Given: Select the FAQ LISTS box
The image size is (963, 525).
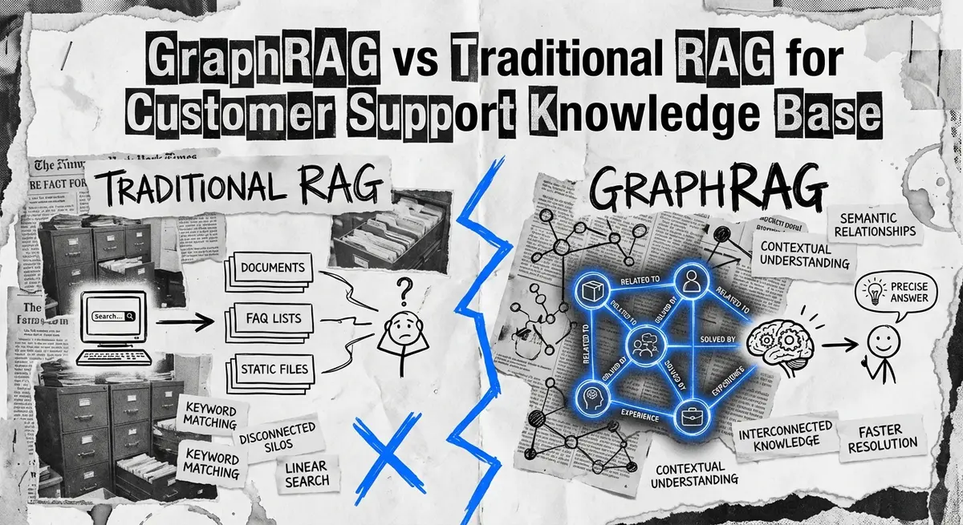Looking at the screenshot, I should tap(271, 318).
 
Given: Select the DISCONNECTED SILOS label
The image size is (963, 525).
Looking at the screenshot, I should tap(278, 437).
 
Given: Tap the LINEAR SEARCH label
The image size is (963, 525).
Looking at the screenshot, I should tap(306, 474).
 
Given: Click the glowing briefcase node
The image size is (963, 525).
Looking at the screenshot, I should tap(691, 416).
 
